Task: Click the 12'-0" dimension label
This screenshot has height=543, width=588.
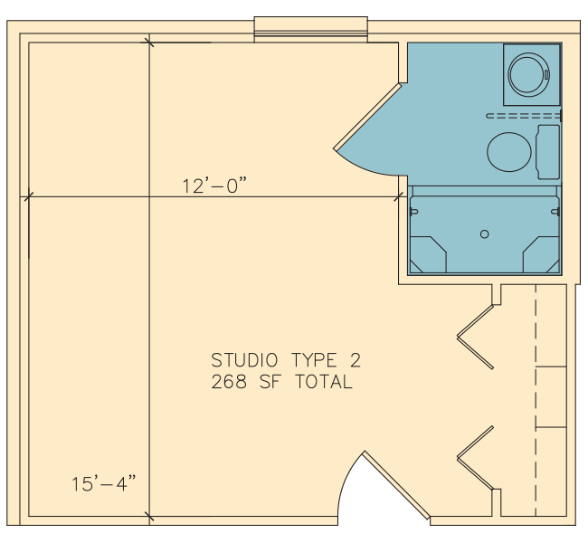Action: click(214, 186)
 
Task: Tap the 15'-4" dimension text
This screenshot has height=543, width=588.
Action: click(103, 483)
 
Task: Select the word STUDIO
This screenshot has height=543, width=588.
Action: click(244, 360)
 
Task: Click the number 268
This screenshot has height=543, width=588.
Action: click(229, 382)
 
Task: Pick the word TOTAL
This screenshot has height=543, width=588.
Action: click(325, 382)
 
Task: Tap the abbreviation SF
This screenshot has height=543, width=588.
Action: click(270, 382)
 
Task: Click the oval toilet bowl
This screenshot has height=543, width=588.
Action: click(509, 152)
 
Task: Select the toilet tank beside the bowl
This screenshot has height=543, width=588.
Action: click(548, 152)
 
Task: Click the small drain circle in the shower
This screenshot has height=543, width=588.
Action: click(485, 234)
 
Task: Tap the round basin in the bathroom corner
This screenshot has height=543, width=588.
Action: click(528, 74)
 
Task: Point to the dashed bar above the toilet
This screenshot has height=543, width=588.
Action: click(524, 116)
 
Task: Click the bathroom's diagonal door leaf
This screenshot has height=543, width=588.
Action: click(367, 117)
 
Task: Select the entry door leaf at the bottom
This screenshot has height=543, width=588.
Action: click(396, 485)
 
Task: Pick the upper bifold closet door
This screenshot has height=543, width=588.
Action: click(475, 337)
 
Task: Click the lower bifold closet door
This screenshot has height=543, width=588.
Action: click(475, 458)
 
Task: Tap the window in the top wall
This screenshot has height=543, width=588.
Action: click(311, 30)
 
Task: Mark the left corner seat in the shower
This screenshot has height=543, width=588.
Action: click(428, 254)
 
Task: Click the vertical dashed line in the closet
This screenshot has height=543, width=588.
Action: click(536, 400)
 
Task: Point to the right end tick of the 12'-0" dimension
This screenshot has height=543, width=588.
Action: click(399, 196)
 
